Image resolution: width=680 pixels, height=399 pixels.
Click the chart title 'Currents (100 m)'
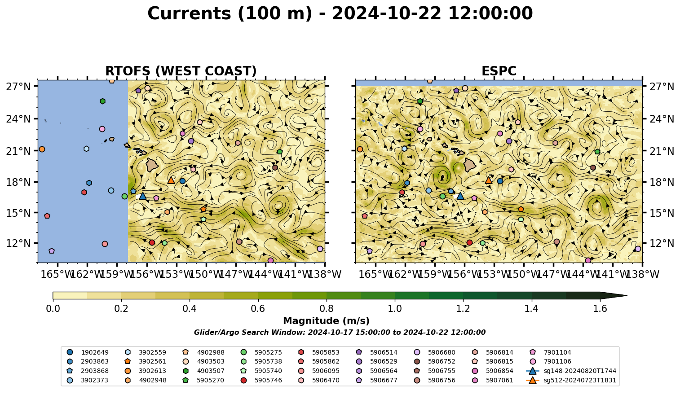point(230,13)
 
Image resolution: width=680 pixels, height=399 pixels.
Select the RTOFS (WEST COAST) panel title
point(181,71)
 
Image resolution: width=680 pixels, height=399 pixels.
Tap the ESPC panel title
point(499,71)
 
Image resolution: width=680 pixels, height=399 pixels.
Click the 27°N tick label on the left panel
point(18,87)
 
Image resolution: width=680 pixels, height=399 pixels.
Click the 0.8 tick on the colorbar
point(327,309)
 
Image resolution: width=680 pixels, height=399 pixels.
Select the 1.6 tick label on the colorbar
point(600,309)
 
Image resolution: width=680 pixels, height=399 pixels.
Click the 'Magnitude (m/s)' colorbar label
point(327,321)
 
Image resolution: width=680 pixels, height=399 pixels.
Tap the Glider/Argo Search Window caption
point(340,332)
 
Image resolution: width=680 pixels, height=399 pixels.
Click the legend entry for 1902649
point(88,352)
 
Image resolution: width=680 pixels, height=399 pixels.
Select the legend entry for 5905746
point(263,380)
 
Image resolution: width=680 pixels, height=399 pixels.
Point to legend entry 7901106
point(552,361)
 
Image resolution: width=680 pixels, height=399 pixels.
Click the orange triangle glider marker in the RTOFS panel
point(171,180)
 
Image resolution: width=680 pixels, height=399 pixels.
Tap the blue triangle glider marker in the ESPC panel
point(460,196)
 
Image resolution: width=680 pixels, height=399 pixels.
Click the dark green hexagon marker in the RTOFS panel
point(102,101)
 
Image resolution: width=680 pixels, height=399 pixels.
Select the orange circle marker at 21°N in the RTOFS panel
point(42,149)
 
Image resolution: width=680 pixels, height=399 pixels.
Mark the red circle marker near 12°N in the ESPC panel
point(470,242)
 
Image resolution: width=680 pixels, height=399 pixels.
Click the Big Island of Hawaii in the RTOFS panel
point(152,165)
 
